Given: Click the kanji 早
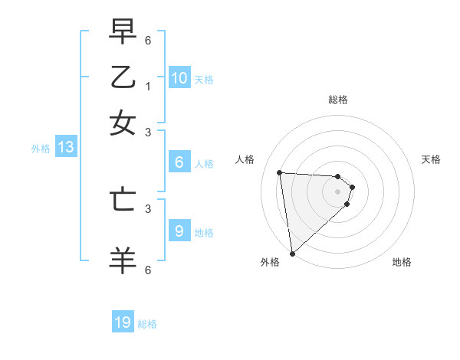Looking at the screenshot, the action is point(123,32).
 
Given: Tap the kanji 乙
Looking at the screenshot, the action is point(123,77).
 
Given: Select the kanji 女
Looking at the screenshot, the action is point(123,123).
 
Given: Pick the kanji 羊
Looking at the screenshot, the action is point(123,259).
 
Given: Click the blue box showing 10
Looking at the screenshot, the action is point(179,77).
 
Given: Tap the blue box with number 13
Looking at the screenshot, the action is point(65,148).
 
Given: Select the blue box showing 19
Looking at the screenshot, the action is point(123,322).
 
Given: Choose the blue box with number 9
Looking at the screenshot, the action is point(179,231).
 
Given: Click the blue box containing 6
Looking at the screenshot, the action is point(179,162).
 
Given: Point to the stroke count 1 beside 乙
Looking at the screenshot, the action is point(148,87).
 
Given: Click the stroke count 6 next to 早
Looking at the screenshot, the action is point(148,38).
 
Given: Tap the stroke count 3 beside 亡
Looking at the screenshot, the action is point(148,207).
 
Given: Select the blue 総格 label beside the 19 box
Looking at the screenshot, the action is point(148,324).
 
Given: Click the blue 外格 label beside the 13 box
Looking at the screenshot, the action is point(41,149).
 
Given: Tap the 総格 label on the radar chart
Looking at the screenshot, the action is point(338,100).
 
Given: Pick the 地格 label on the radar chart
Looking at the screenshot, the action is point(402,262).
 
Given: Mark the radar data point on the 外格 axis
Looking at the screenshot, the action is point(292,254).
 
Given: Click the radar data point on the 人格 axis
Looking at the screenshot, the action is point(280,172).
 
